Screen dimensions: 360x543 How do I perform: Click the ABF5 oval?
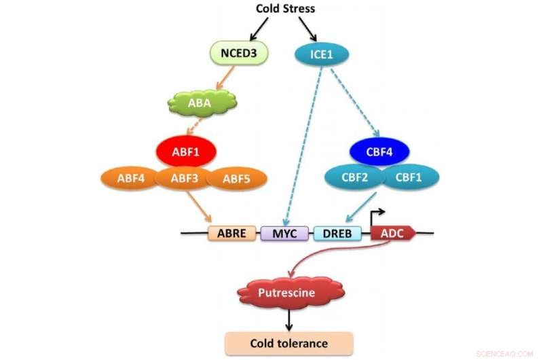click(236, 179)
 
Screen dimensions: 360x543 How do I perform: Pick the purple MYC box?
click(285, 234)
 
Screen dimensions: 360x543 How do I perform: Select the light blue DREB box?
click(338, 234)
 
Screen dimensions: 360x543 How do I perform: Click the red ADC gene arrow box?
click(392, 234)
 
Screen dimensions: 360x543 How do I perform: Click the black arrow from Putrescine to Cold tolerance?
click(290, 319)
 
